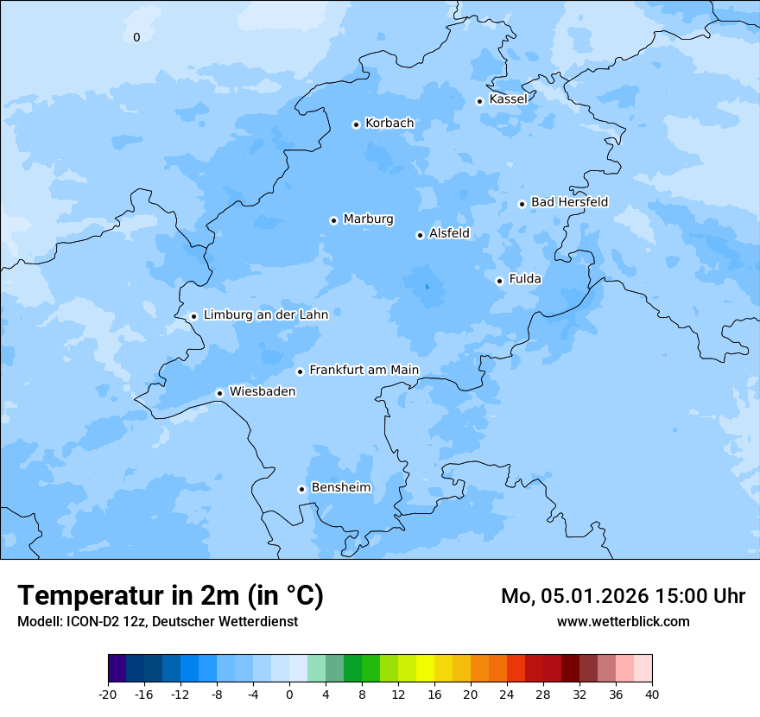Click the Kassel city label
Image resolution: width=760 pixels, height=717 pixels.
(508, 99)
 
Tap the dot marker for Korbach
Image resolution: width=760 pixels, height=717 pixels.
(356, 124)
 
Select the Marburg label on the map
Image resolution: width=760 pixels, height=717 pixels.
(368, 219)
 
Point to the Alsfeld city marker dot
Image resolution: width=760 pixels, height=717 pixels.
(420, 235)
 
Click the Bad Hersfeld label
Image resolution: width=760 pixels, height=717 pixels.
(569, 202)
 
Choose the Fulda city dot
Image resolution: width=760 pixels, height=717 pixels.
(499, 281)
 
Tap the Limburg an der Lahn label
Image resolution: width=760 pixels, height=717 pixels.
(265, 315)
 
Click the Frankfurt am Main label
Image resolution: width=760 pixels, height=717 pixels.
(364, 370)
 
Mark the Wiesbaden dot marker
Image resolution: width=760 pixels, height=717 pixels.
(219, 393)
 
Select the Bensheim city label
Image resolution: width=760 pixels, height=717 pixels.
(340, 487)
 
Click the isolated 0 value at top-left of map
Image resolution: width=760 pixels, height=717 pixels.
(136, 37)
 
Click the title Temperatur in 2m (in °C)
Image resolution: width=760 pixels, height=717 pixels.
(170, 596)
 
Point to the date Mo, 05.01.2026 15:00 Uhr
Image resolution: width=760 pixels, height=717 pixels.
(623, 596)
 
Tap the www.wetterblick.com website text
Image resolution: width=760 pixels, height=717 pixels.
(623, 622)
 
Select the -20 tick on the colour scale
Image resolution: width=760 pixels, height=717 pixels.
(108, 694)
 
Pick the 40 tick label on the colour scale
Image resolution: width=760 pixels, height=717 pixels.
(652, 694)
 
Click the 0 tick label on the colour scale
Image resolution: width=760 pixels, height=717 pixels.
(289, 694)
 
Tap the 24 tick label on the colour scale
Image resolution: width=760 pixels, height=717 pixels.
(507, 694)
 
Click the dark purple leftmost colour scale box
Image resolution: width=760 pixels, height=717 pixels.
(117, 669)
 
